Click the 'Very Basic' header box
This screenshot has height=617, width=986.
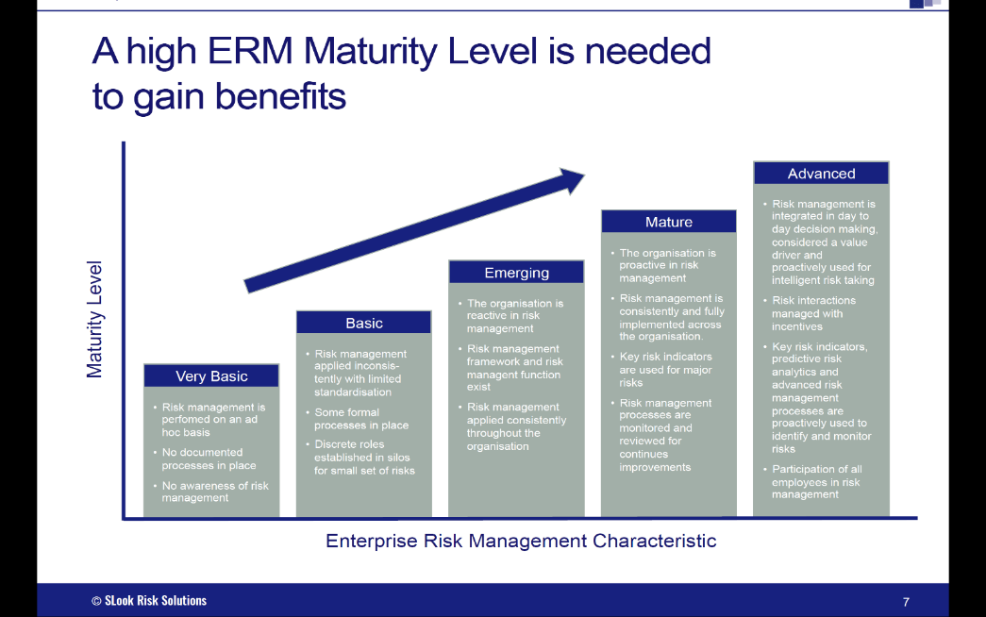pyautogui.click(x=211, y=375)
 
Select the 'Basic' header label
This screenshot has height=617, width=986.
pyautogui.click(x=364, y=323)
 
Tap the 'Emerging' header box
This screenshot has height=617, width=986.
pyautogui.click(x=516, y=273)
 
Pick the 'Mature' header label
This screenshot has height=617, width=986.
pyautogui.click(x=669, y=222)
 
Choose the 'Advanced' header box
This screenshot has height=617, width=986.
pyautogui.click(x=821, y=174)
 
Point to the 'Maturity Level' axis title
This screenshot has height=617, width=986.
pyautogui.click(x=94, y=320)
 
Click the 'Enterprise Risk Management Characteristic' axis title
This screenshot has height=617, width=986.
pyautogui.click(x=521, y=541)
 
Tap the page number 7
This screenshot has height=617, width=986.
pyautogui.click(x=906, y=602)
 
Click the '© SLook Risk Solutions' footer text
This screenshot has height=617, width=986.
pyautogui.click(x=149, y=600)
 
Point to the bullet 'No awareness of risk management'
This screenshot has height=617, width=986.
pyautogui.click(x=215, y=492)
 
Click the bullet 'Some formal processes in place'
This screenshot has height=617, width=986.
pyautogui.click(x=361, y=419)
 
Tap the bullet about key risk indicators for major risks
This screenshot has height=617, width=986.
pyautogui.click(x=665, y=369)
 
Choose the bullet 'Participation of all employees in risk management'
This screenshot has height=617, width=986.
pyautogui.click(x=817, y=481)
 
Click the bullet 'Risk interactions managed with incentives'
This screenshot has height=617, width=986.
pyautogui.click(x=813, y=313)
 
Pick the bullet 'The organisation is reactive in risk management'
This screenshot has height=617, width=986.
pyautogui.click(x=515, y=316)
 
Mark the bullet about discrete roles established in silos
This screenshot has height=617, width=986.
pyautogui.click(x=364, y=457)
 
